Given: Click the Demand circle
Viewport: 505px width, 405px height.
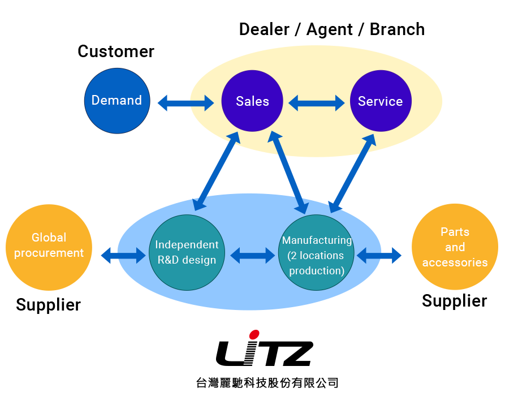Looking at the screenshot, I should pyautogui.click(x=117, y=101).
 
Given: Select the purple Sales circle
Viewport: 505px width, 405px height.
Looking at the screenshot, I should pyautogui.click(x=252, y=101).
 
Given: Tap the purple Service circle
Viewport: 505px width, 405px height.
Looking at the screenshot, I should pyautogui.click(x=381, y=101).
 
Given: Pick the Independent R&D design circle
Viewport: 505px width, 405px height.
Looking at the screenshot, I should pyautogui.click(x=187, y=252).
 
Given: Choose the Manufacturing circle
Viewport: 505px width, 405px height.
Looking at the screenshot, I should pyautogui.click(x=317, y=252).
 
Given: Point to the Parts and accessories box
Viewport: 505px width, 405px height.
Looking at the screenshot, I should pyautogui.click(x=455, y=247).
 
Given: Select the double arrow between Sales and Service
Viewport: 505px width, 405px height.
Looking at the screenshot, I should pyautogui.click(x=317, y=103).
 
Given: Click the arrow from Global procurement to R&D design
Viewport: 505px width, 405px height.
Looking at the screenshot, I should pyautogui.click(x=123, y=255).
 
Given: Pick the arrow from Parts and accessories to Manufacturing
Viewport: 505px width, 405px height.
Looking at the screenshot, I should pyautogui.click(x=380, y=255).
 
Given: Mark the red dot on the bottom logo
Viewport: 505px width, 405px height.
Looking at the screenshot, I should pyautogui.click(x=254, y=335).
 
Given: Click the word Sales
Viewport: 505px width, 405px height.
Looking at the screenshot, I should pyautogui.click(x=252, y=101).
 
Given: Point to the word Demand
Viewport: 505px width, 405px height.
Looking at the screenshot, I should pyautogui.click(x=116, y=100).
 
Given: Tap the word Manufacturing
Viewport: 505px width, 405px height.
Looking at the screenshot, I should pyautogui.click(x=317, y=240).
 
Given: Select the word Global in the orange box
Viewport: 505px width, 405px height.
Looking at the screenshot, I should pyautogui.click(x=49, y=238).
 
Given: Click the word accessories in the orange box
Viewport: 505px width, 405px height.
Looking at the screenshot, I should pyautogui.click(x=455, y=262).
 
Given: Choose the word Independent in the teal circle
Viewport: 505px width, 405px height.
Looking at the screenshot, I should pyautogui.click(x=187, y=245).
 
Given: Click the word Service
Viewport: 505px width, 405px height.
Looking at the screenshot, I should pyautogui.click(x=381, y=101).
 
